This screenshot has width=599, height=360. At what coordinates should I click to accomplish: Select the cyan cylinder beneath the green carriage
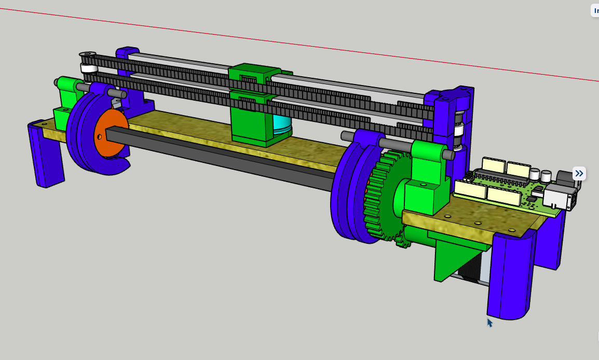click(282, 127)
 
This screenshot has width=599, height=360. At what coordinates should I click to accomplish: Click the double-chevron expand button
click(579, 173)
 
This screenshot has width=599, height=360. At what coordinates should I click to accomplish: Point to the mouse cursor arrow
click(489, 323)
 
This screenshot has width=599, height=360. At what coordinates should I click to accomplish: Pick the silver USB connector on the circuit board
click(559, 198)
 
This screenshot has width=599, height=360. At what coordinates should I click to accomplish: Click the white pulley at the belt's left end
click(89, 69)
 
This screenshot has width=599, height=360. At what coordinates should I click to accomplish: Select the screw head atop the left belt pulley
click(88, 54)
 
